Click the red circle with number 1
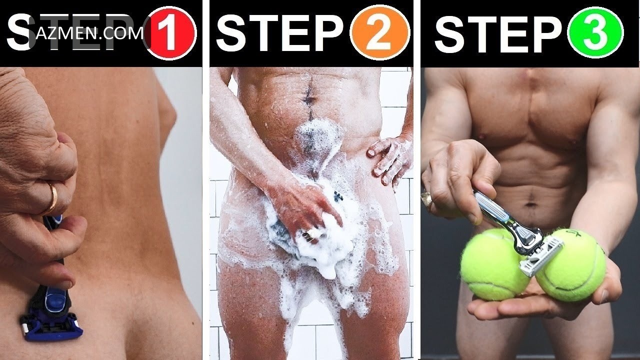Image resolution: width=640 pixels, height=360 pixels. (x=170, y=33)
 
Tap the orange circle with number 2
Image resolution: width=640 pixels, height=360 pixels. (x=379, y=33)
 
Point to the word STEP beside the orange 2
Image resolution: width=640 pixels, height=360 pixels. (x=280, y=33)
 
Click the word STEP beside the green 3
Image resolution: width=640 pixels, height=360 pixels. (x=498, y=33)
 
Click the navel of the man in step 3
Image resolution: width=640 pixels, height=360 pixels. (x=530, y=204)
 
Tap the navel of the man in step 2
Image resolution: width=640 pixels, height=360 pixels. (x=309, y=99)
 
